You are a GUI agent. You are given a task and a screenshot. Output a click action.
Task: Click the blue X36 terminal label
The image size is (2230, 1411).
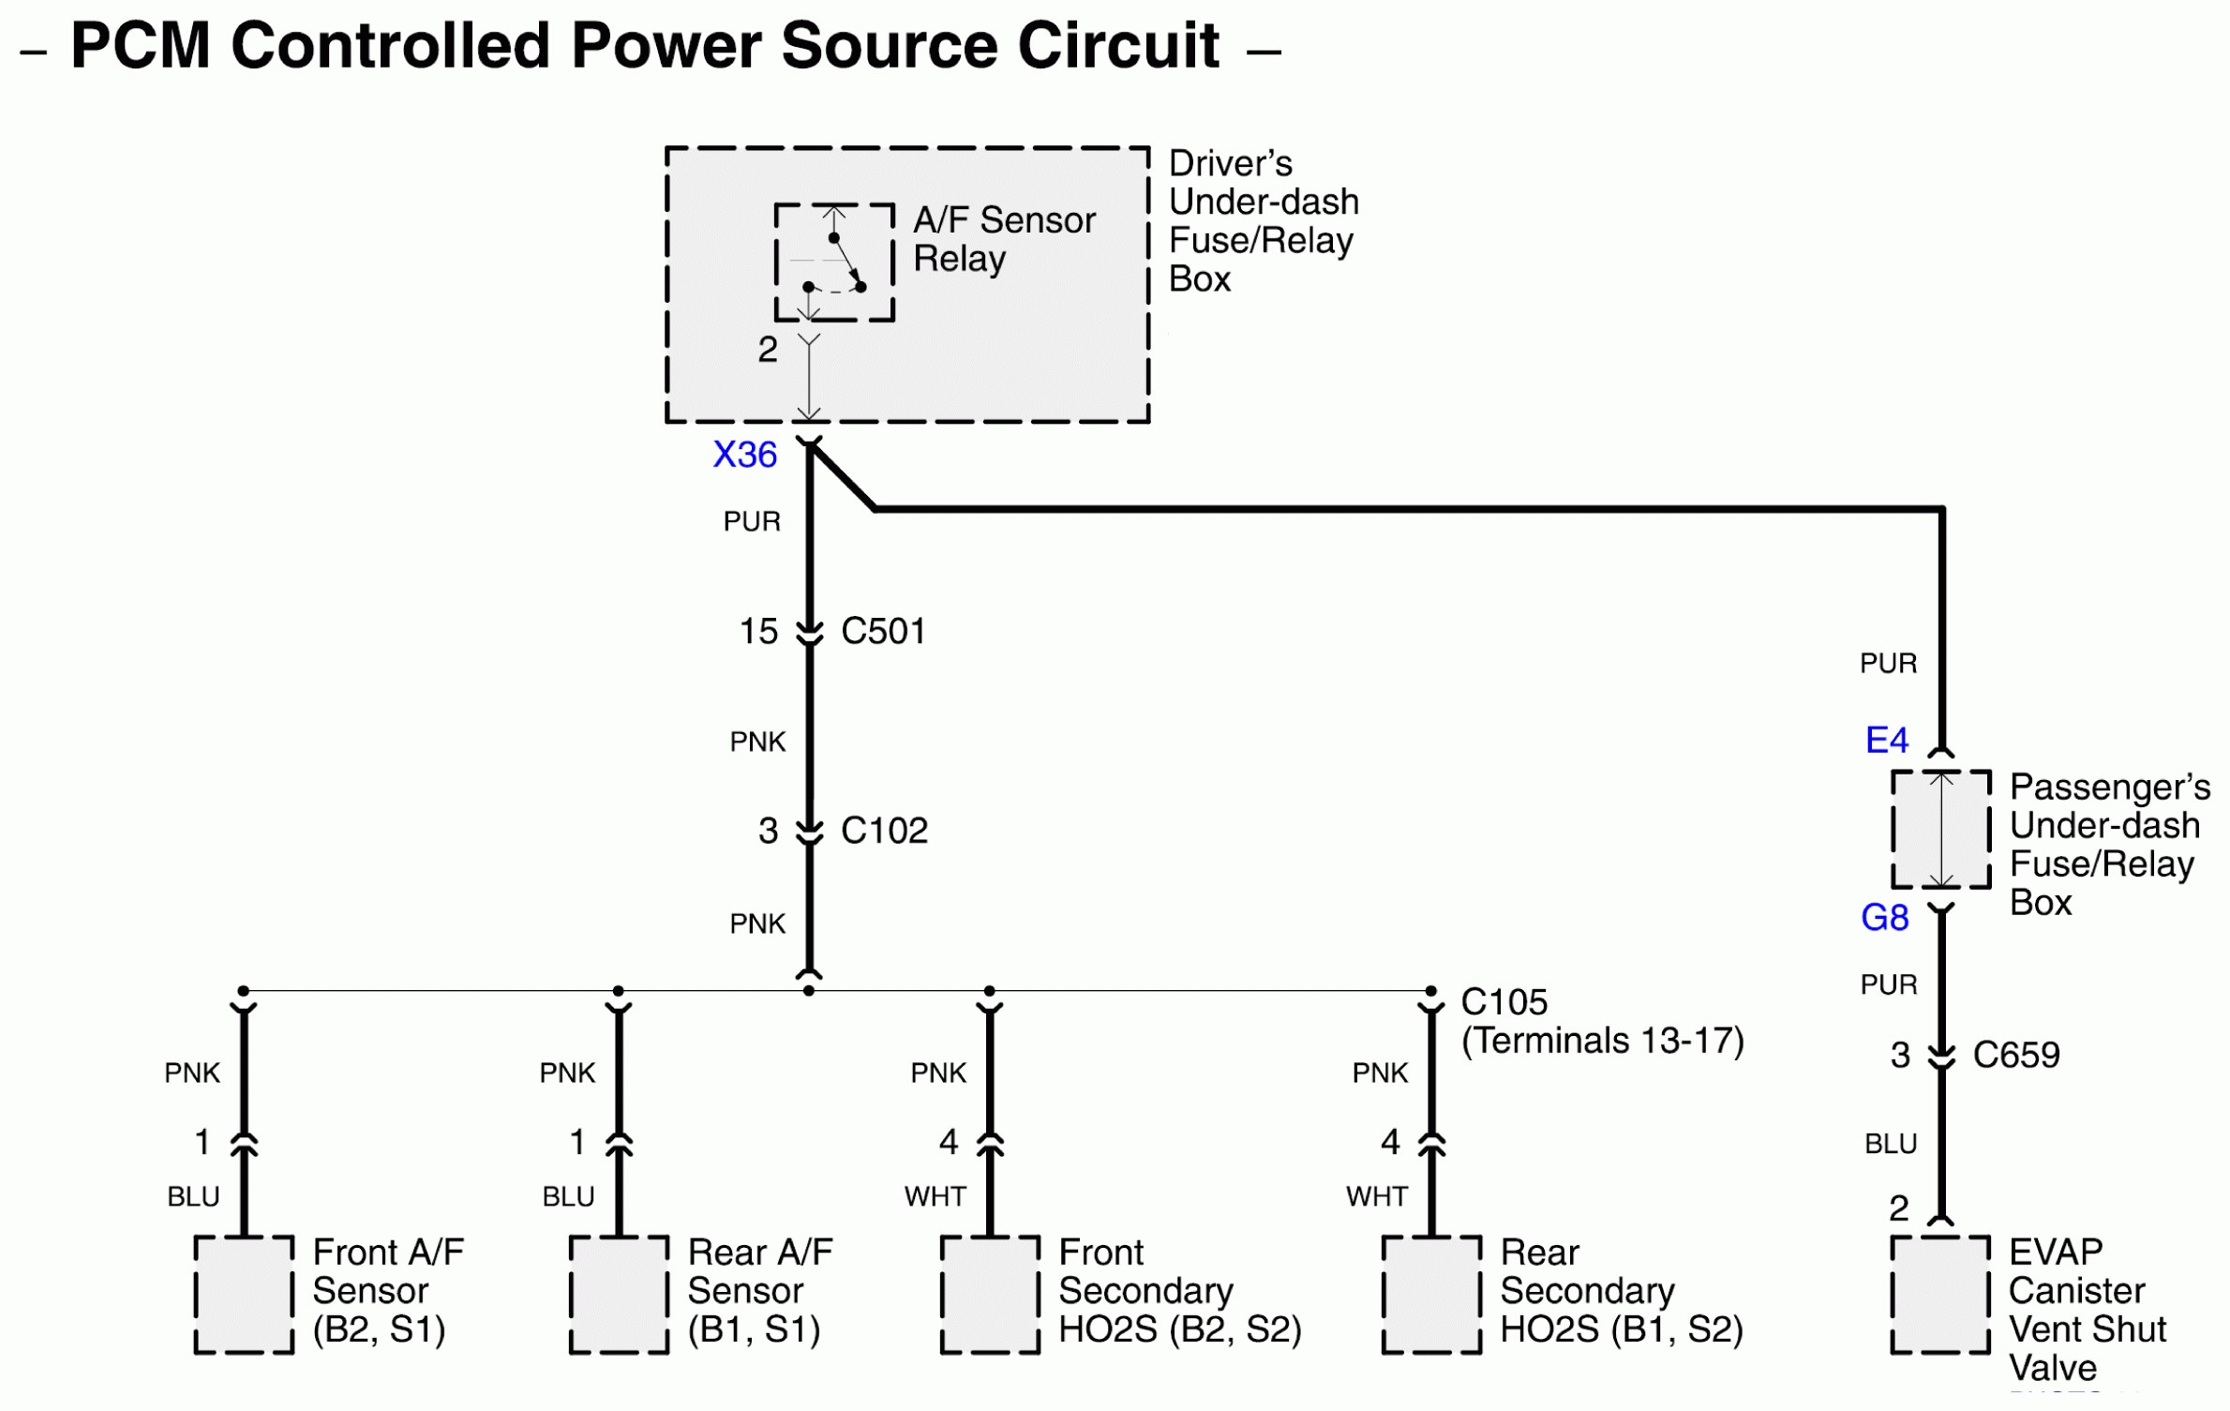(744, 455)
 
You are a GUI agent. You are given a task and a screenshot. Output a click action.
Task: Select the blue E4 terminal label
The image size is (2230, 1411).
(1886, 741)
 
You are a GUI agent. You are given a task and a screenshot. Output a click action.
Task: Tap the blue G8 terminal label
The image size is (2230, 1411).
(1884, 918)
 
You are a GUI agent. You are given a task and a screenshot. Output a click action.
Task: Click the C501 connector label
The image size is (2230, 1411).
(883, 631)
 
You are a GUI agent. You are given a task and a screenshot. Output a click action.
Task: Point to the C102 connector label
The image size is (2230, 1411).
(884, 831)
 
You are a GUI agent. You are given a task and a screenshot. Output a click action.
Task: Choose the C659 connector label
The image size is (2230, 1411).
(2016, 1056)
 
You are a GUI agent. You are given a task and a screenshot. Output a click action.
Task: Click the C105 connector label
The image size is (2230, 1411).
(1504, 1002)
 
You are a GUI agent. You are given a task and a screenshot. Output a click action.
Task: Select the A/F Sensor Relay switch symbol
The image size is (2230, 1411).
(834, 263)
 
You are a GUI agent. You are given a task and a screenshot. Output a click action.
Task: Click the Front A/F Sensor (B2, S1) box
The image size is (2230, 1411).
(244, 1295)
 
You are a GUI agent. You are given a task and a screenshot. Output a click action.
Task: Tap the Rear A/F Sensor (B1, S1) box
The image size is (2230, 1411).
(619, 1295)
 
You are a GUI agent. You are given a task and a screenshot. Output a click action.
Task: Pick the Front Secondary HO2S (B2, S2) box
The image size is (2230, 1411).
(990, 1295)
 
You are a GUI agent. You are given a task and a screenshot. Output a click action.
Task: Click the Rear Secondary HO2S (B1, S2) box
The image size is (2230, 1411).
(1431, 1295)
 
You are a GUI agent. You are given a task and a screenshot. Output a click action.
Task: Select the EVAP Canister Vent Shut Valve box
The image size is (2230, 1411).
(1939, 1295)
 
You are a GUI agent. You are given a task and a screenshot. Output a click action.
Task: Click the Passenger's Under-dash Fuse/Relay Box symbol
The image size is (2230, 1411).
(1940, 830)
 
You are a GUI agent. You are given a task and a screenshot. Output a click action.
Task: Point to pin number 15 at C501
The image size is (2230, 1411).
(758, 631)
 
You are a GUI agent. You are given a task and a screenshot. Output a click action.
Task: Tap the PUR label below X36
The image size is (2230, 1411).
(752, 521)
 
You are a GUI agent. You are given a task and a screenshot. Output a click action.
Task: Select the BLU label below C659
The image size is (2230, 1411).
(1890, 1144)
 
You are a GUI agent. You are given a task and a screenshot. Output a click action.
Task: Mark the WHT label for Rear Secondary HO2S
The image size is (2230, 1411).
(1376, 1196)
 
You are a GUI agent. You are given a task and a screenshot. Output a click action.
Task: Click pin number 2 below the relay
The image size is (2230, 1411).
(768, 350)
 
